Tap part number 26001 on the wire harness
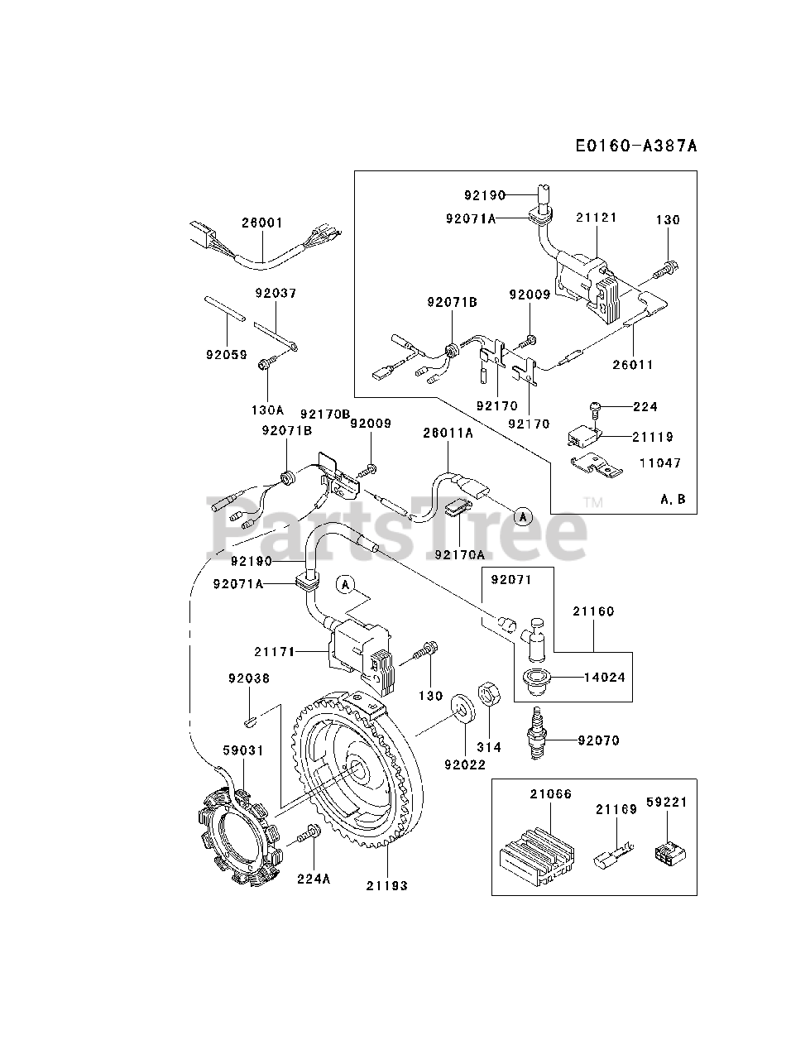pos(262,223)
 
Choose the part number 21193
pos(387,885)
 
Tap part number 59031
pos(242,750)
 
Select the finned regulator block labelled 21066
pos(536,852)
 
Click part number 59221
pos(667,803)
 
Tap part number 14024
pos(604,676)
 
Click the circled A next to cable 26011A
pos(521,515)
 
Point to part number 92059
pos(226,354)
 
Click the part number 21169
pos(616,809)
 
